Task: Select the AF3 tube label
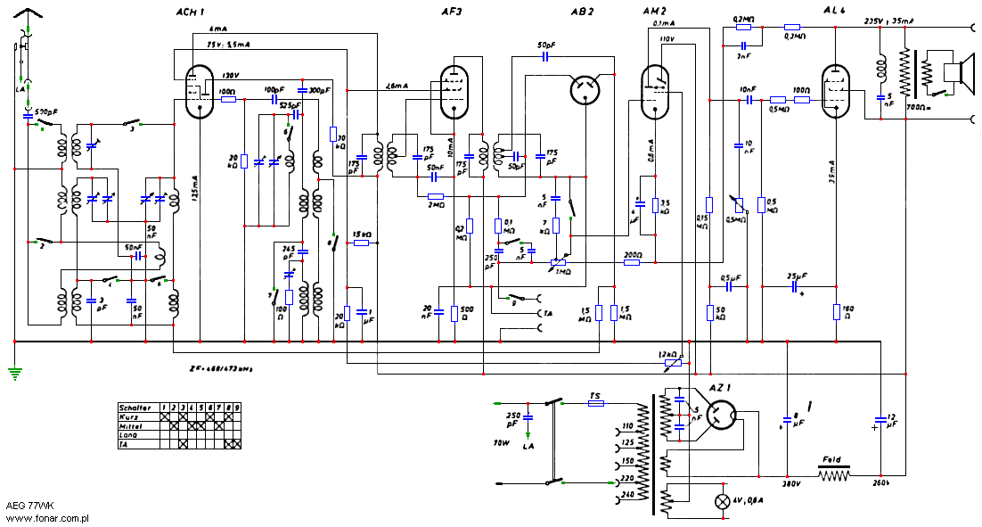pos(452,12)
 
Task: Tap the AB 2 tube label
pos(582,12)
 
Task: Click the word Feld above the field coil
pos(831,461)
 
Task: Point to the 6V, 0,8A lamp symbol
pos(723,500)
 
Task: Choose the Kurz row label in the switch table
pos(132,416)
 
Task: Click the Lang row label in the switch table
pos(131,434)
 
